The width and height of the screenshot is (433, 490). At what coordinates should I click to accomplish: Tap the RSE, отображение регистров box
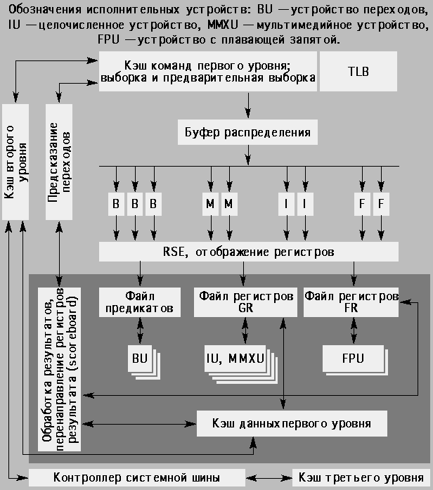pos(249,251)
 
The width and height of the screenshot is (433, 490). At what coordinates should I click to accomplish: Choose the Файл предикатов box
pos(139,302)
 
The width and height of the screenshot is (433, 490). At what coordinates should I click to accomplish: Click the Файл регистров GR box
pos(245,302)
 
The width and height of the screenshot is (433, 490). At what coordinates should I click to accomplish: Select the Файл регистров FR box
pos(351,302)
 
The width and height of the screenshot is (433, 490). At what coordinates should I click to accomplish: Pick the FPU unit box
pos(351,359)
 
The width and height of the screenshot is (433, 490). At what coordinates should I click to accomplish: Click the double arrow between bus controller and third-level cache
pos(269,478)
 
